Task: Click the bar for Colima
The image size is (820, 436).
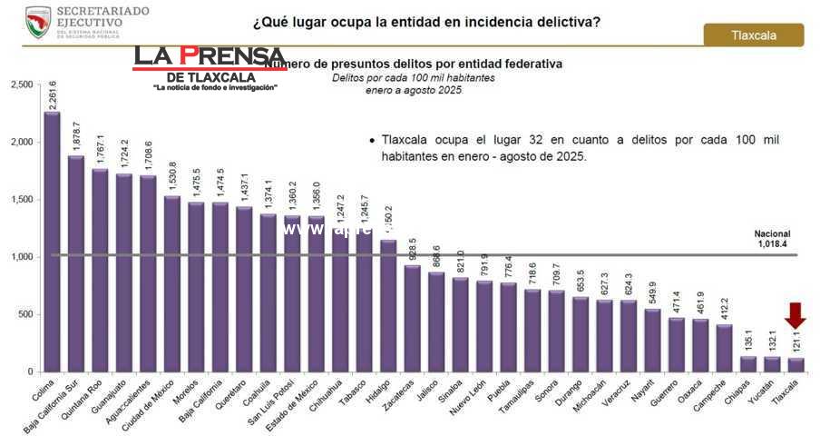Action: click(x=52, y=241)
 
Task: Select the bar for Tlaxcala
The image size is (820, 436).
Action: click(x=796, y=364)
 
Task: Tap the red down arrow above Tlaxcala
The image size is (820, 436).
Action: click(x=796, y=315)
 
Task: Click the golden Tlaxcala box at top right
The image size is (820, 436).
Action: click(x=753, y=35)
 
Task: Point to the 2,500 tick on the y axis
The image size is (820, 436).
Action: click(x=20, y=84)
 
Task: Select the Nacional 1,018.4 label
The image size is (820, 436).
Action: click(x=772, y=239)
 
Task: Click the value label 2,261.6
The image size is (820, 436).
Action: click(x=52, y=94)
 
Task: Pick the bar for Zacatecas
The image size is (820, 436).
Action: click(x=412, y=318)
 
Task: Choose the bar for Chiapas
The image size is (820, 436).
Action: click(x=747, y=363)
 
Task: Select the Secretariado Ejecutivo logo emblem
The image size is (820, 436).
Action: click(x=38, y=21)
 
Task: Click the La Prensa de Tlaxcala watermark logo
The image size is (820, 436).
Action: click(x=210, y=67)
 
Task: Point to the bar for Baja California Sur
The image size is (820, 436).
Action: click(x=76, y=263)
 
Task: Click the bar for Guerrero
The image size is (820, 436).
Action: click(x=676, y=344)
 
